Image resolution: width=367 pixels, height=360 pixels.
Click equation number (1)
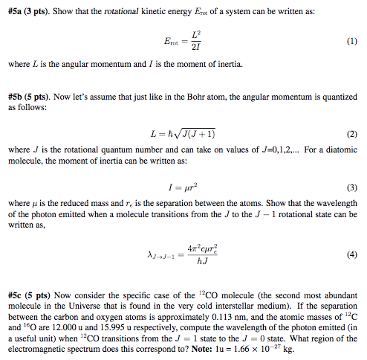(x=351, y=42)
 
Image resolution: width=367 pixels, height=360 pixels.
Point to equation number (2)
(x=351, y=134)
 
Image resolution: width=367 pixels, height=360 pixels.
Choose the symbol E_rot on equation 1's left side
(x=168, y=42)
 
